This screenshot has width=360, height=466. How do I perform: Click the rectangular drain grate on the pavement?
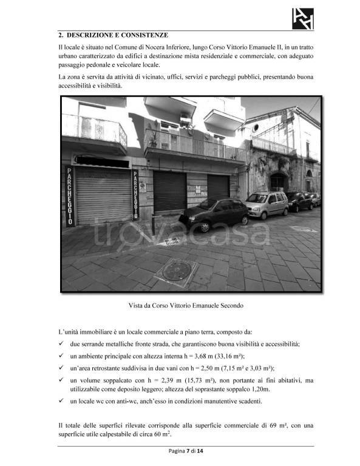(172, 241)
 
